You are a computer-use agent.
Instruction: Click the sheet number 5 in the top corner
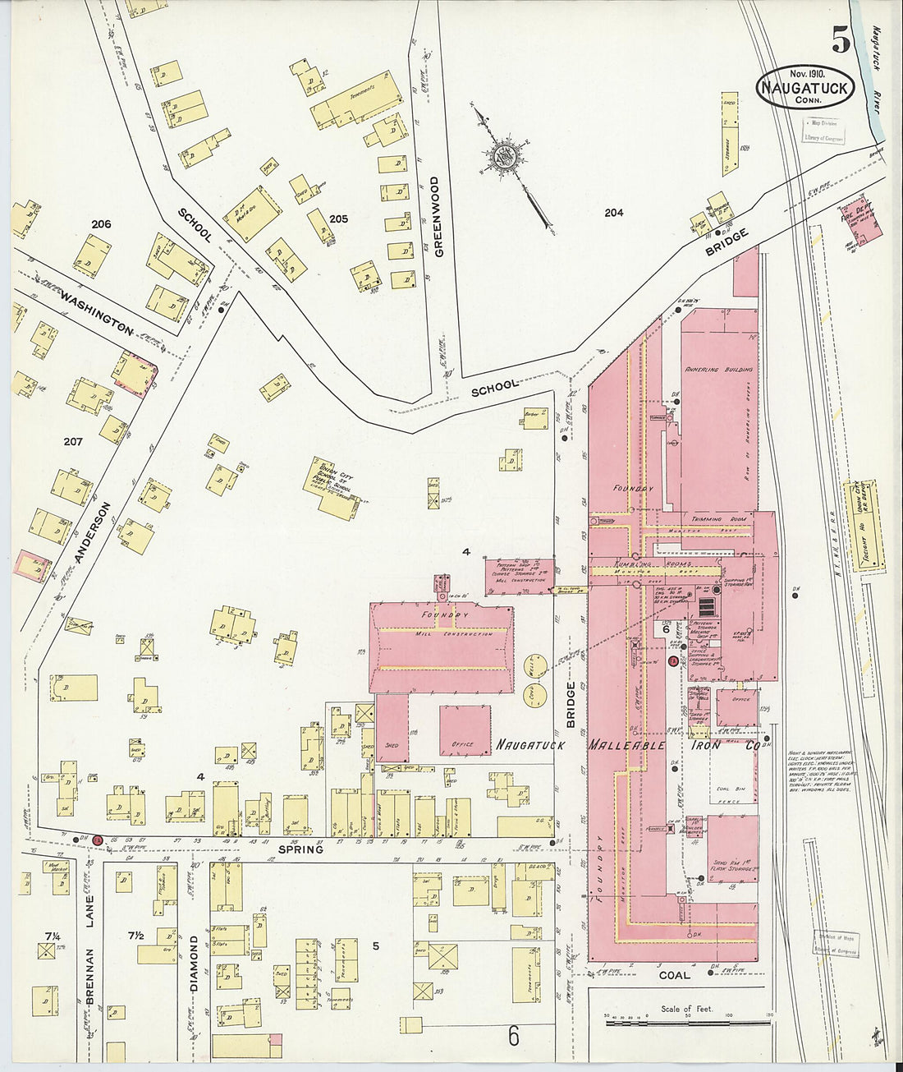[840, 39]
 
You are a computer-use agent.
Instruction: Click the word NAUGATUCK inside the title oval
[804, 88]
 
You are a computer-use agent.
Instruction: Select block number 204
[613, 213]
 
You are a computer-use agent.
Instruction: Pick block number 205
[338, 219]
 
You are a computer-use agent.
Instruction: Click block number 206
[101, 224]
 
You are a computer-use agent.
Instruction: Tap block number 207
[73, 442]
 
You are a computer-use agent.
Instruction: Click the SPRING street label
[300, 849]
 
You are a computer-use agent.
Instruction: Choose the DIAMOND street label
[195, 963]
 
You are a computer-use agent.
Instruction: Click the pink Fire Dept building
[862, 219]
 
